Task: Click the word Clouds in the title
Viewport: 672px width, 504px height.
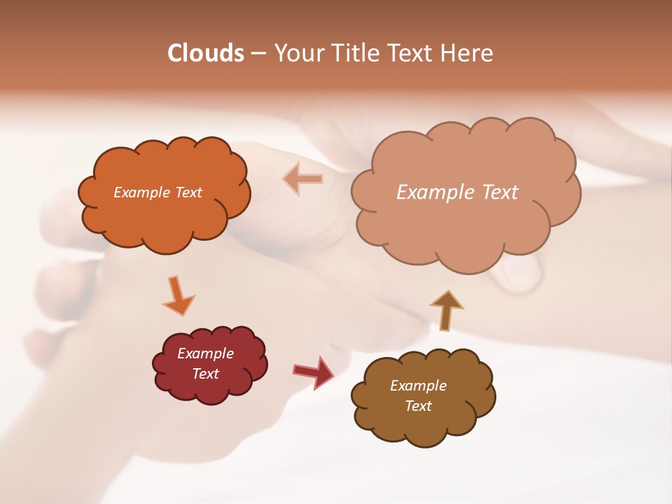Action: coord(205,53)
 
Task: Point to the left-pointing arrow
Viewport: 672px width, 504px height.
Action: coord(303,179)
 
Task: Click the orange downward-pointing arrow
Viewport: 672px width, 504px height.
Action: coord(178,295)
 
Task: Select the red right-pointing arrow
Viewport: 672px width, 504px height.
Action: coord(314,372)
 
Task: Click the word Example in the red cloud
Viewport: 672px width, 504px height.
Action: coord(205,353)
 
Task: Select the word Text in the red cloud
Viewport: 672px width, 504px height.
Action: coord(205,374)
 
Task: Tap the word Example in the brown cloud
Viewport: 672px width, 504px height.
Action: coord(418,386)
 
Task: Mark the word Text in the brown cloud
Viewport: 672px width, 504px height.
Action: coord(418,406)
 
